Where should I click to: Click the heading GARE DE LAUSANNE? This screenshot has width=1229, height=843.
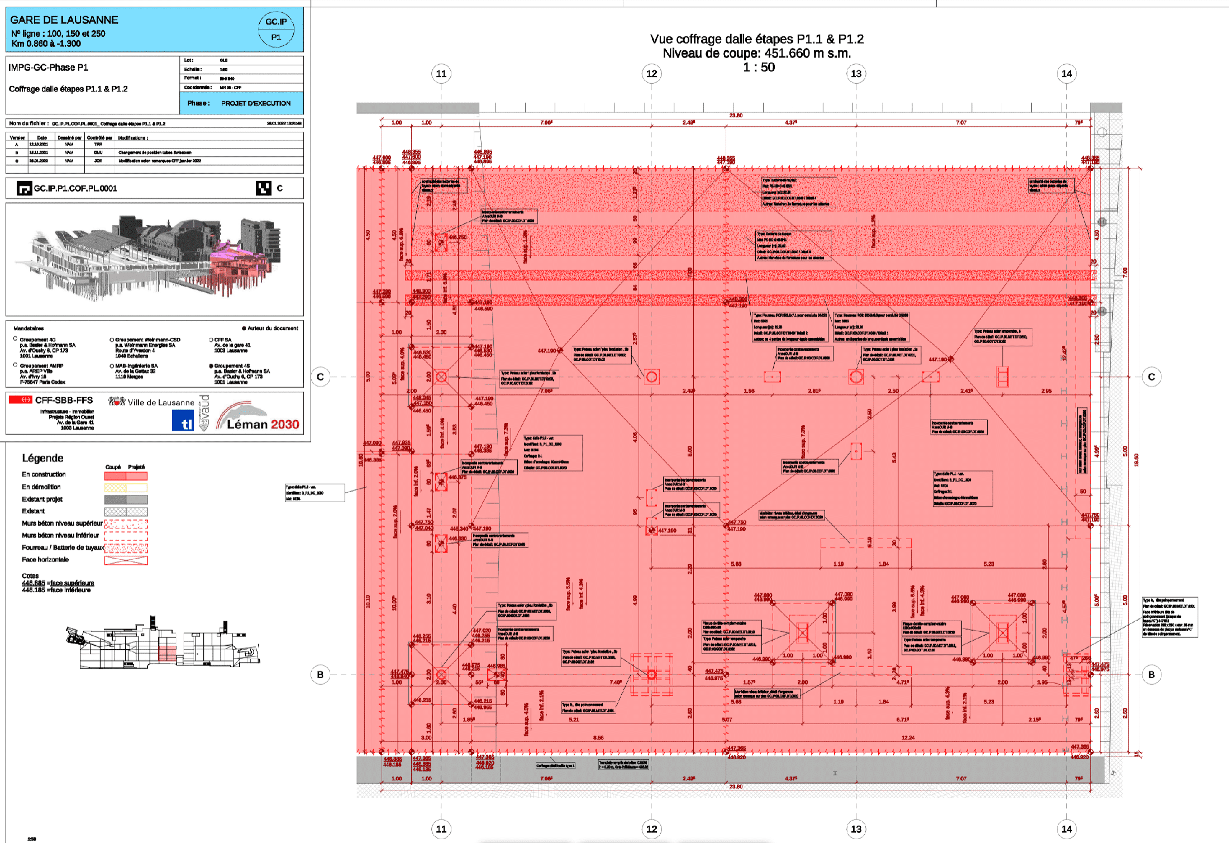tap(64, 20)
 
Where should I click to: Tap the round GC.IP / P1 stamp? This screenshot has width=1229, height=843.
tap(276, 30)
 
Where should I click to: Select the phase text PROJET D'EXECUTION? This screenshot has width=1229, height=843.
tap(255, 103)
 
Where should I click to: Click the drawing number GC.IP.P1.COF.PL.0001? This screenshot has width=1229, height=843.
tap(75, 188)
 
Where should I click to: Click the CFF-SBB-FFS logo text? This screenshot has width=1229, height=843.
tap(64, 400)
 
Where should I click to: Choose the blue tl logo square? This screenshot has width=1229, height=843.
tap(183, 421)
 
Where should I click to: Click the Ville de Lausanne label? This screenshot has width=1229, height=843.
tap(160, 402)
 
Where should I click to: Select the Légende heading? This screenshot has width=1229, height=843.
tap(42, 458)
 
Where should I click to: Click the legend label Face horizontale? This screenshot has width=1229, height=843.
tap(45, 559)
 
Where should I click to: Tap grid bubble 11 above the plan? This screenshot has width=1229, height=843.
tap(441, 74)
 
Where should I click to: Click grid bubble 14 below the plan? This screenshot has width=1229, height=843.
tap(1066, 829)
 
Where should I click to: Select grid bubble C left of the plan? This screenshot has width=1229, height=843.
tap(320, 377)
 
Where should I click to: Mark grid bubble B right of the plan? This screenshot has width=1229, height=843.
tap(1151, 674)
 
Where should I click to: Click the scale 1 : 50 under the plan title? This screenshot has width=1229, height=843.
tap(758, 68)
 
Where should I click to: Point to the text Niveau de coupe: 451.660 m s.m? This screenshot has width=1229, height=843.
tap(756, 54)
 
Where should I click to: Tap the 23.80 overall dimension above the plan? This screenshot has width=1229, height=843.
tap(736, 116)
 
